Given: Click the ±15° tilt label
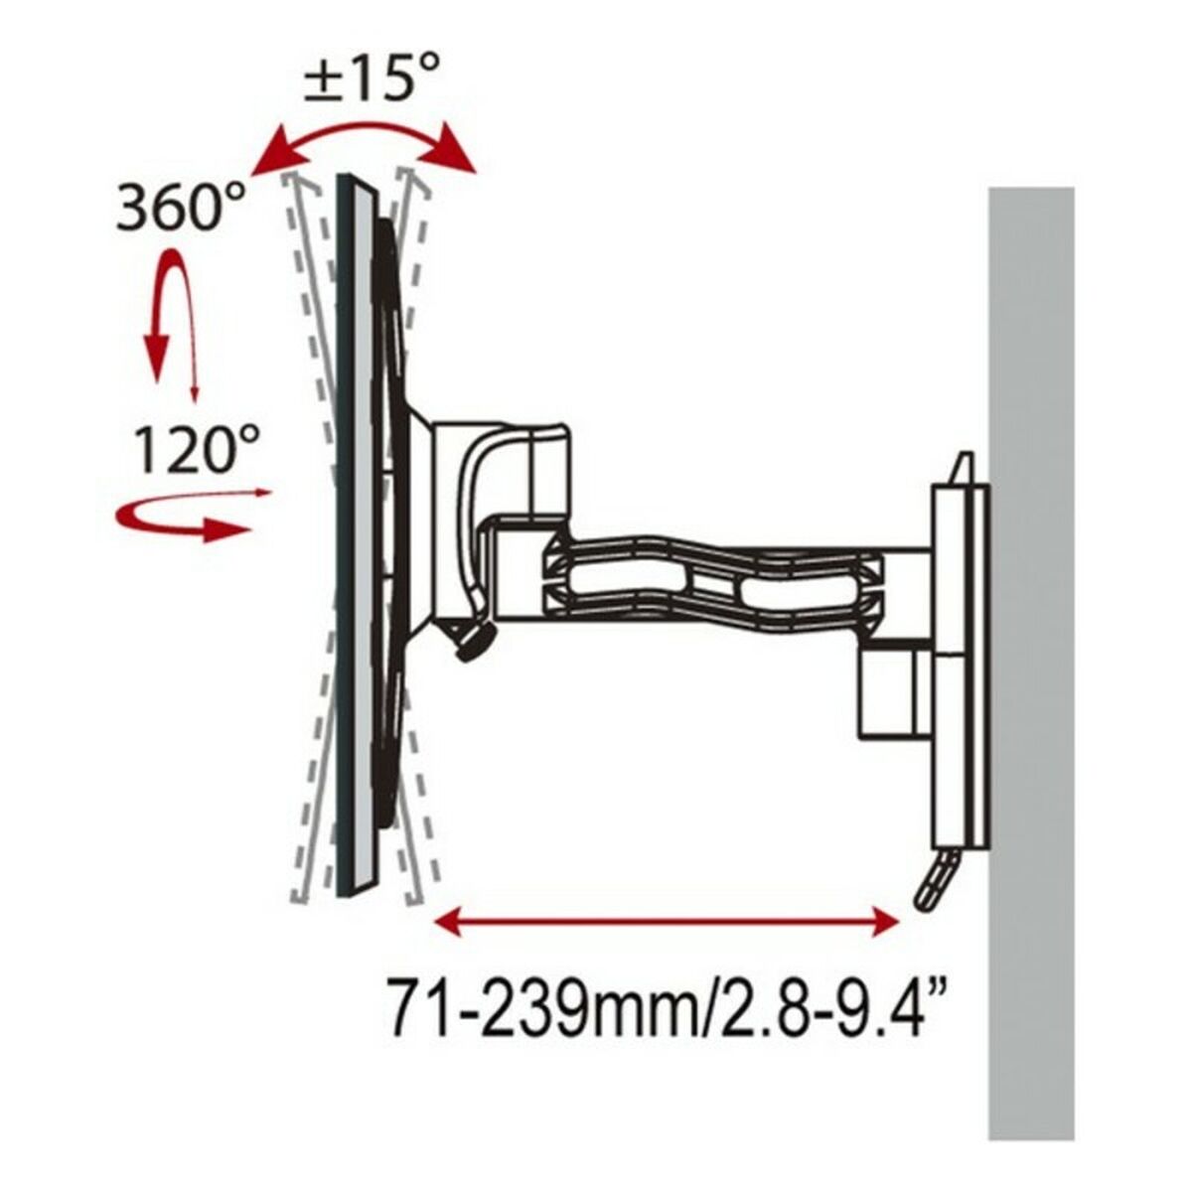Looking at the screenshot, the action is pyautogui.click(x=372, y=77).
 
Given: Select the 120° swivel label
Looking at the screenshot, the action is pyautogui.click(x=196, y=449).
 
